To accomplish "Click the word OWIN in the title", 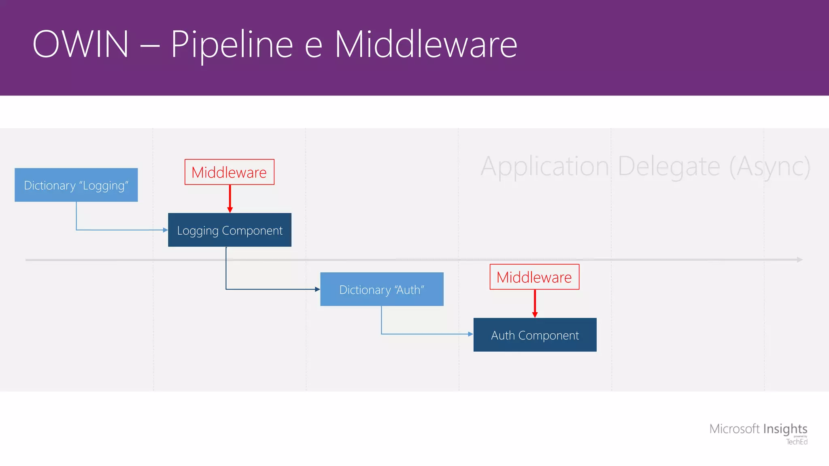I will point(81,44).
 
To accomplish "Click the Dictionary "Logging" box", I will point(76,185).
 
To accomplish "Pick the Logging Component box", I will point(230,230).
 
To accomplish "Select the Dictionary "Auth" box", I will point(382,289).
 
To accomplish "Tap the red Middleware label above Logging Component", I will point(229,172).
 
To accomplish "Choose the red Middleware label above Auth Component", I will point(534,277).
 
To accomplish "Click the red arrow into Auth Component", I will point(535,303).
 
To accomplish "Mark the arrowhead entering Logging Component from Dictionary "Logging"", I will point(165,230).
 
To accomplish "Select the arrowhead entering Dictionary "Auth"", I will point(317,289).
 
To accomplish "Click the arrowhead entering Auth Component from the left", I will point(470,334).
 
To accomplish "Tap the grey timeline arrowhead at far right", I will point(799,260).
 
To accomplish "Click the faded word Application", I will point(545,166).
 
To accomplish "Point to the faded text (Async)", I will point(769,166).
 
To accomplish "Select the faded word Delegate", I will point(669,166).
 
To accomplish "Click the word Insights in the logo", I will point(785,428).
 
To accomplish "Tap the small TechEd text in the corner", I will point(797,442).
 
